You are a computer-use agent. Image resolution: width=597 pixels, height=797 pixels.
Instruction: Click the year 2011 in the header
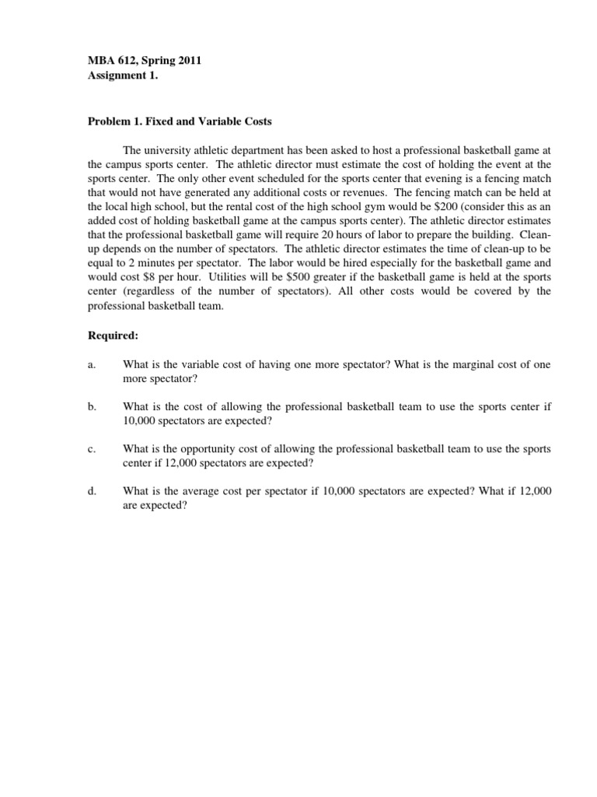pyautogui.click(x=189, y=59)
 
